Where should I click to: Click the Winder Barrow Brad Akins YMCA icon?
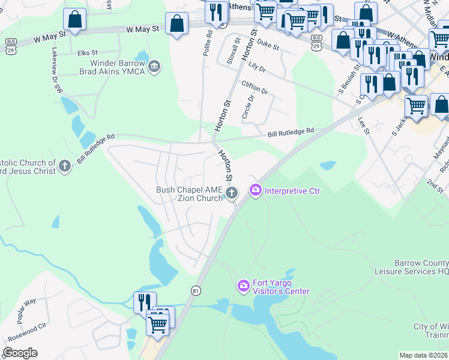coord(154,65)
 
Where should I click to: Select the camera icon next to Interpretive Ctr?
coord(256,190)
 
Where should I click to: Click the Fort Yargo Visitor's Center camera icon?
coord(244,284)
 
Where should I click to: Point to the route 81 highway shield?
coord(196,290)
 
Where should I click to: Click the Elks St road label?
coord(87,53)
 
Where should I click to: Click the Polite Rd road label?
coord(208,44)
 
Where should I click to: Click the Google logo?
coord(20,352)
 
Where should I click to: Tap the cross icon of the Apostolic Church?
coord(65,164)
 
